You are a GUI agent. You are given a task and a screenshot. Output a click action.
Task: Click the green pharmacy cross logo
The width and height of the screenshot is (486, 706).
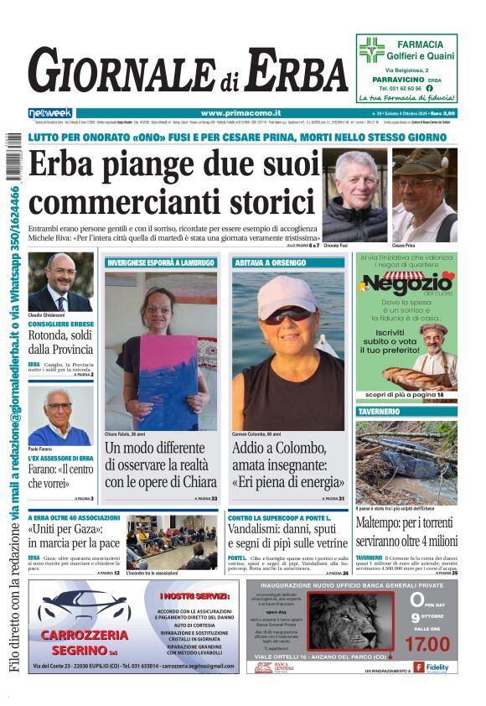point(371,49)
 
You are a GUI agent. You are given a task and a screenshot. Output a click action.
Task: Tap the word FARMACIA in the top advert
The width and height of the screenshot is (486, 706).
point(420,44)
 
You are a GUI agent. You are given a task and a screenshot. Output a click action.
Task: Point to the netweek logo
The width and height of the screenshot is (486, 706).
point(50,113)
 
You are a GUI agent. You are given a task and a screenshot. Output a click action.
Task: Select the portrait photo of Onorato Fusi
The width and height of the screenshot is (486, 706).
point(354,195)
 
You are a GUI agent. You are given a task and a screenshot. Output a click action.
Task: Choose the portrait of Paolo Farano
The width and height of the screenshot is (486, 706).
point(60,416)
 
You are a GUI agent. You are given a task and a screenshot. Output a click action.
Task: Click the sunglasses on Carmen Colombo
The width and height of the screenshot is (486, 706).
point(287,314)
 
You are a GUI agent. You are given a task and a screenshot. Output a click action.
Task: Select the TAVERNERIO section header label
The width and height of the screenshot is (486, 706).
point(379,413)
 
